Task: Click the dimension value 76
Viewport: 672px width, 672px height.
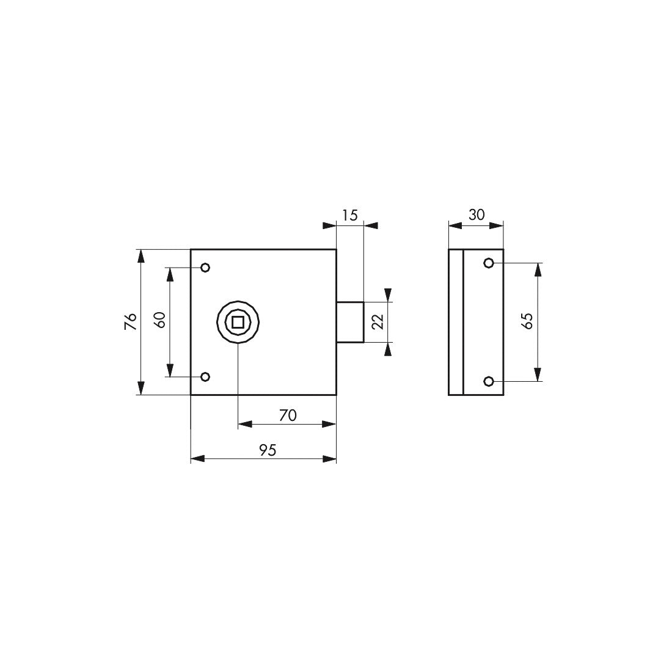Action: [131, 321]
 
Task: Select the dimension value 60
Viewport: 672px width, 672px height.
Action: [160, 320]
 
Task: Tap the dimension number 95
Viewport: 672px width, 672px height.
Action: [268, 450]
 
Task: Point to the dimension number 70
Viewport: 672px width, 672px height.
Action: [288, 415]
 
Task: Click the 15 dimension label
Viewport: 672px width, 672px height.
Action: [350, 215]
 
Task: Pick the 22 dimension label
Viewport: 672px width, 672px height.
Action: [378, 321]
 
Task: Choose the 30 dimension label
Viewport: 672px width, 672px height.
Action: [476, 214]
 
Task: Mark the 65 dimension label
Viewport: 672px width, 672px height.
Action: [528, 321]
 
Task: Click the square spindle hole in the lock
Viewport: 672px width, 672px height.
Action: [238, 322]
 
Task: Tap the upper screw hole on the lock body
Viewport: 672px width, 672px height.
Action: [205, 268]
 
